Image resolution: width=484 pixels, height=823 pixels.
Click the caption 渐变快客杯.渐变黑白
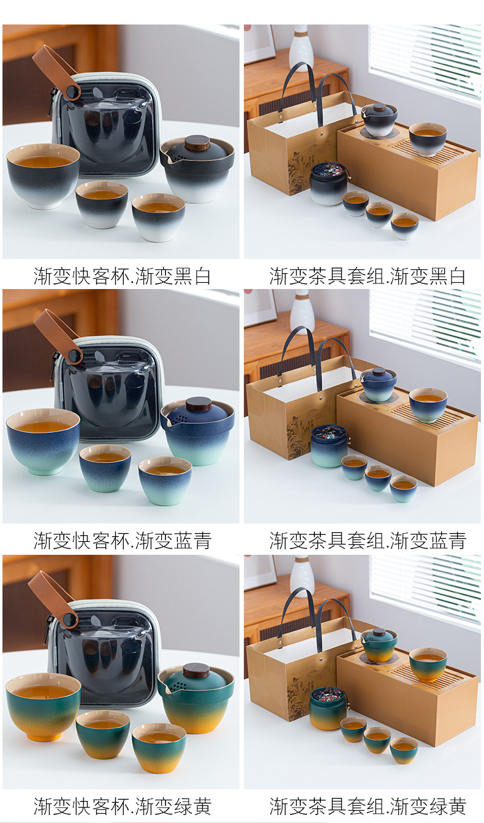click(x=122, y=276)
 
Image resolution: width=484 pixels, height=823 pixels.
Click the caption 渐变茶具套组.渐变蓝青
click(x=368, y=541)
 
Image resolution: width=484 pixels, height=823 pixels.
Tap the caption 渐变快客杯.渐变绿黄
click(x=122, y=806)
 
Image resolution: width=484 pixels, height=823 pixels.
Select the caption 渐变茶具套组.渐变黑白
click(x=368, y=276)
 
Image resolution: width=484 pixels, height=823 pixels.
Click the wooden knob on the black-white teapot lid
click(x=197, y=143)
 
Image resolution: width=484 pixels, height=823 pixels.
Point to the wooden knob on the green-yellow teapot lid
click(x=197, y=670)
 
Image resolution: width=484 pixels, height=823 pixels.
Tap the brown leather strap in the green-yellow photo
click(x=52, y=598)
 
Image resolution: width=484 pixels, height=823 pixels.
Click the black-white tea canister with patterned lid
click(x=328, y=183)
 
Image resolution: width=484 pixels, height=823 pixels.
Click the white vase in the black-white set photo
click(x=301, y=47)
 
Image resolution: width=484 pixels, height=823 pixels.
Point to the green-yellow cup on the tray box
click(x=428, y=664)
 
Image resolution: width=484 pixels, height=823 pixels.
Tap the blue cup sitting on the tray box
click(x=428, y=404)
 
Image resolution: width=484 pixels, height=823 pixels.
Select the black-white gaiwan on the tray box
click(x=379, y=119)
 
